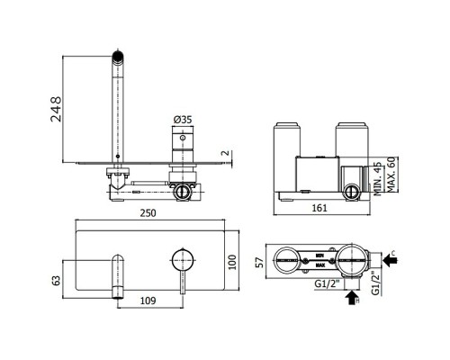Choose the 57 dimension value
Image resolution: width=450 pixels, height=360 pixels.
point(258,262)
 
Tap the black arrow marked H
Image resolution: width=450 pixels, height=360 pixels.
point(348,301)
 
